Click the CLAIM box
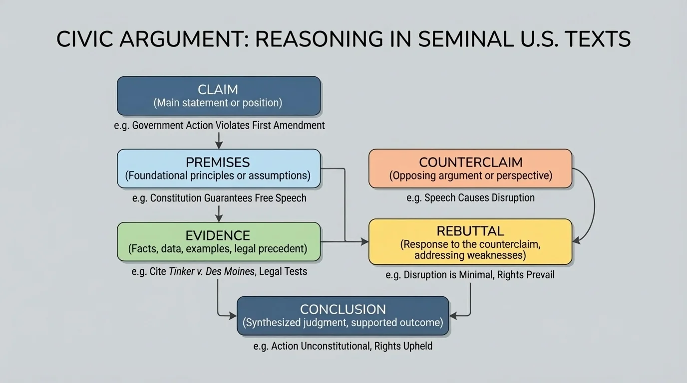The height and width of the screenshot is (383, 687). [218, 96]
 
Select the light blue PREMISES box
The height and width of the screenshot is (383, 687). [218, 169]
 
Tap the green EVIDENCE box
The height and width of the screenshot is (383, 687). [218, 242]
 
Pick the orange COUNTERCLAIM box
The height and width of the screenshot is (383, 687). [470, 169]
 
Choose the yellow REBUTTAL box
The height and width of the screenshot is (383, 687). [470, 242]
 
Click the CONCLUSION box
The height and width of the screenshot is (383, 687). [343, 316]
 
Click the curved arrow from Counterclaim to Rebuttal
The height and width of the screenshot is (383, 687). [593, 204]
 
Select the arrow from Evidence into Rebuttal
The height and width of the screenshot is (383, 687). [344, 242]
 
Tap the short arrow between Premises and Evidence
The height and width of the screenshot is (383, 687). [218, 213]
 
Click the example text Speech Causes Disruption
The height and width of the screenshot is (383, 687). [470, 198]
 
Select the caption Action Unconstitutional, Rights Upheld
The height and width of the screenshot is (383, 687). [343, 346]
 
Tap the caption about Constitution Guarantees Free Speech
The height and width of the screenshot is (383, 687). [219, 198]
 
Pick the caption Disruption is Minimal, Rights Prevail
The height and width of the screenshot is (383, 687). [470, 275]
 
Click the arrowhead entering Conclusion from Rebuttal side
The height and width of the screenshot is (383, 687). [453, 316]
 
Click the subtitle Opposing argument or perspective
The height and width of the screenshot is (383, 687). [470, 176]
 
